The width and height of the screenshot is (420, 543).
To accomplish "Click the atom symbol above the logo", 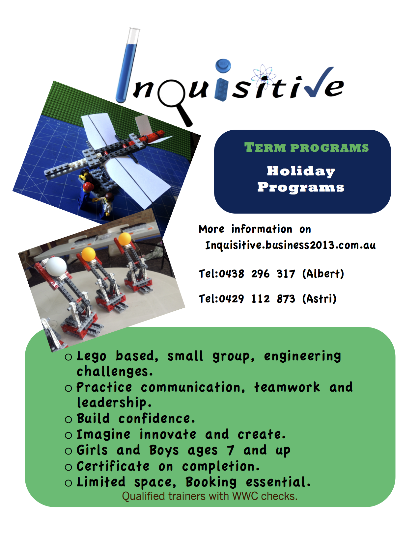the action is pyautogui.click(x=264, y=75).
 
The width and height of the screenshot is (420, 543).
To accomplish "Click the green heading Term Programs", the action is pyautogui.click(x=306, y=147).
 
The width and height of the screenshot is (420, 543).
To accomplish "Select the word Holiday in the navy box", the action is pyautogui.click(x=301, y=171).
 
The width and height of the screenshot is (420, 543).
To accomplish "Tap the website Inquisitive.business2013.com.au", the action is pyautogui.click(x=291, y=245).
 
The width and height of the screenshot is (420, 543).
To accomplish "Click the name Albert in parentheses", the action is pyautogui.click(x=323, y=273).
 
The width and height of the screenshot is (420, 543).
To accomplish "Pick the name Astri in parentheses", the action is pyautogui.click(x=319, y=298).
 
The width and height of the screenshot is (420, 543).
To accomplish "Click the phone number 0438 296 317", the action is pyautogui.click(x=257, y=274).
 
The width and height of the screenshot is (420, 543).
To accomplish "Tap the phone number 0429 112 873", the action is pyautogui.click(x=257, y=299).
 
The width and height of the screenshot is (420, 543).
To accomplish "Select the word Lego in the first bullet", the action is pyautogui.click(x=91, y=356).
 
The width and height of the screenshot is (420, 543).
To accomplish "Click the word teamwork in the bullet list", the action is pyautogui.click(x=287, y=388).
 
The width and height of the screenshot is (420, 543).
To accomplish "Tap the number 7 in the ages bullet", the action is pyautogui.click(x=230, y=450).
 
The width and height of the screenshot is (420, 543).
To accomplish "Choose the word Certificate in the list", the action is pyautogui.click(x=113, y=466).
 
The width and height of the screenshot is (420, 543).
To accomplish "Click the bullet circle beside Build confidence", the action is pyautogui.click(x=68, y=419).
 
